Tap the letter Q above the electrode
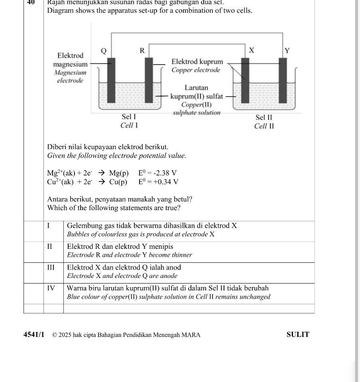[x=104, y=51]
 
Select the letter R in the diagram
[x=142, y=51]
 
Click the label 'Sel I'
[x=129, y=117]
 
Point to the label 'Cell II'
[x=264, y=126]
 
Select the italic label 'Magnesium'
[x=70, y=73]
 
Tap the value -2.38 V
[x=157, y=173]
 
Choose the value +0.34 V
[x=158, y=182]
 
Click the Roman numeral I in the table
[x=48, y=225]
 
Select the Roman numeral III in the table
[x=50, y=267]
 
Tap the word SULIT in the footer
[x=298, y=335]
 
